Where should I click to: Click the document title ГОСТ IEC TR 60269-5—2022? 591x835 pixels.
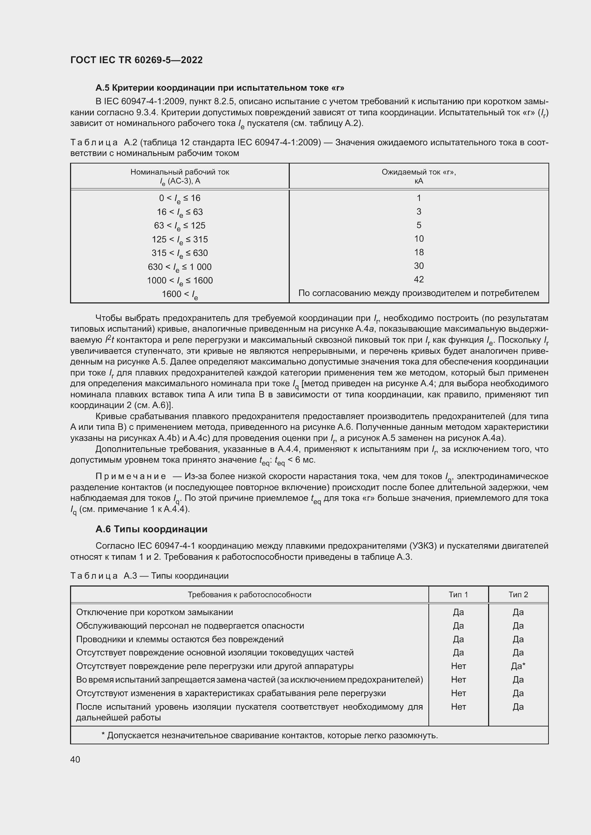(136, 60)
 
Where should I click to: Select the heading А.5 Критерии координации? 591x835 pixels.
(220, 88)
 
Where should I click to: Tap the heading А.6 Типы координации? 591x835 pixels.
(152, 529)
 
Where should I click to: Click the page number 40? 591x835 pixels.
(75, 759)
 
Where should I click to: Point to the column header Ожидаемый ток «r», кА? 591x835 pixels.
(418, 176)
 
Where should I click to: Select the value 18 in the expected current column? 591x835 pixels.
(418, 252)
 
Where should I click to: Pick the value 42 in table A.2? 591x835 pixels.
(418, 279)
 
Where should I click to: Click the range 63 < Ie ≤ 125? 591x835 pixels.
(180, 226)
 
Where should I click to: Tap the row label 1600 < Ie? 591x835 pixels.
(180, 294)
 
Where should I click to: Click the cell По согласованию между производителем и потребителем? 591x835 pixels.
(418, 293)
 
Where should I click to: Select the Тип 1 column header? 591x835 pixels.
(458, 595)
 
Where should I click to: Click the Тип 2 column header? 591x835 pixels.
(518, 595)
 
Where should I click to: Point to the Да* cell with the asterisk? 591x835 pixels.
(518, 666)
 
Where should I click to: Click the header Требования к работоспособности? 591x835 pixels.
(249, 595)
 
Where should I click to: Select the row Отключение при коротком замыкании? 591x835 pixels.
(155, 612)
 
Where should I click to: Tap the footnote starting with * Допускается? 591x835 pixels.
(269, 735)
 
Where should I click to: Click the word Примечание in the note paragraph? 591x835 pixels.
(131, 477)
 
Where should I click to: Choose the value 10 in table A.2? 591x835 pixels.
(418, 238)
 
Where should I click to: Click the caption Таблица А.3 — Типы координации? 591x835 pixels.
(149, 576)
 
